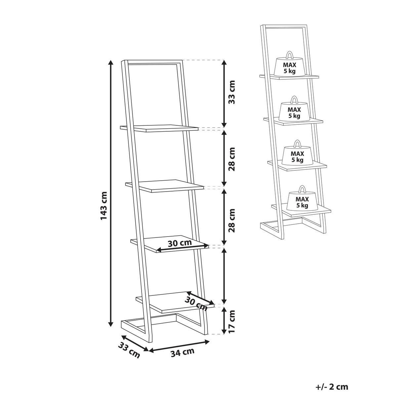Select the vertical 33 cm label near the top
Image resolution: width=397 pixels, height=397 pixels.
tap(232, 92)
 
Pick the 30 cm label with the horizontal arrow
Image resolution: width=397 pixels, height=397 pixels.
tap(180, 243)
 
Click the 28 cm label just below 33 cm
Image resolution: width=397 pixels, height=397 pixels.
tap(232, 159)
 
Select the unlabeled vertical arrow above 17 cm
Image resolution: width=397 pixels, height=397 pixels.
tap(225, 278)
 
